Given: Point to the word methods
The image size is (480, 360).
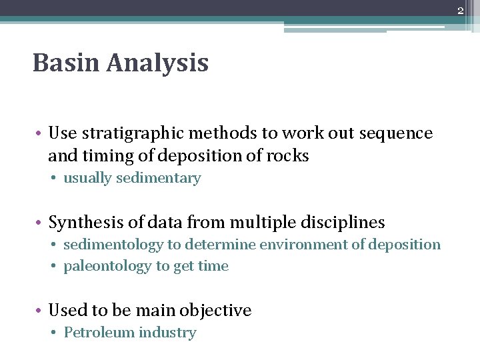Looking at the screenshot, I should pyautogui.click(x=215, y=133).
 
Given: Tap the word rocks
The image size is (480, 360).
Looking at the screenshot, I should pyautogui.click(x=287, y=156).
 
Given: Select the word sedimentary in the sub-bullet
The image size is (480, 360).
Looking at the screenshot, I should pyautogui.click(x=159, y=178).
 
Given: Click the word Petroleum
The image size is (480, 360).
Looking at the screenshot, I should pyautogui.click(x=97, y=333).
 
